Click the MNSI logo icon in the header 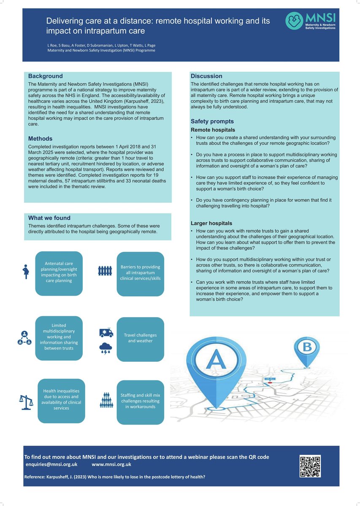[294, 21]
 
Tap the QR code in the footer [310, 466]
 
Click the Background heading [45, 76]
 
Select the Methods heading [40, 139]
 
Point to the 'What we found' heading [49, 218]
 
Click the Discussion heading [206, 76]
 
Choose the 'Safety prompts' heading [212, 122]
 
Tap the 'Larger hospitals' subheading [211, 223]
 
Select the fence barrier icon [105, 270]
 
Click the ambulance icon [106, 333]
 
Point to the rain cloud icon [106, 348]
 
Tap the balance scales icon [26, 402]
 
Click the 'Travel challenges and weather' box [140, 338]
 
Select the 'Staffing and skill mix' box [140, 401]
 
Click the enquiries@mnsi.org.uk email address [51, 464]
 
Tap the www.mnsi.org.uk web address [111, 464]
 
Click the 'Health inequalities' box [61, 400]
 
